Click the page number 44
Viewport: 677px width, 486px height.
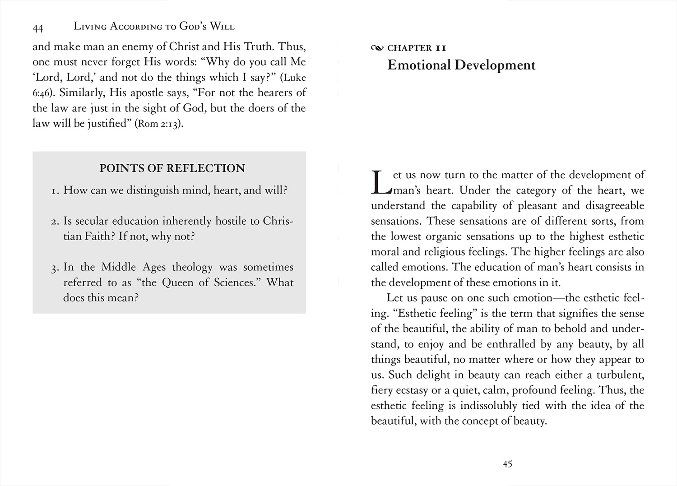38,28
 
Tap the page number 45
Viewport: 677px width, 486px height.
507,464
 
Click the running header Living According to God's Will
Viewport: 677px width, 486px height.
154,27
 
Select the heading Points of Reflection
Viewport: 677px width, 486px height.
172,168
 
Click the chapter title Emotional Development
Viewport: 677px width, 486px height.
461,65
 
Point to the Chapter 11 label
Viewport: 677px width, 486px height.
417,48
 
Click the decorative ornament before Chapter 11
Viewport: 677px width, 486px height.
377,48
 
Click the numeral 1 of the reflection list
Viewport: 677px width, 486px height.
54,191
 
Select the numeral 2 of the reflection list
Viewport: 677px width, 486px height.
54,222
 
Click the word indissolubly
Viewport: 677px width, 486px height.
488,405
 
